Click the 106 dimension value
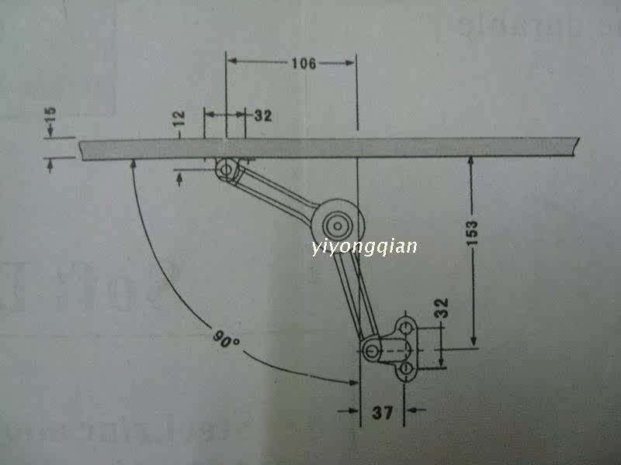point(304,64)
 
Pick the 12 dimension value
point(179,119)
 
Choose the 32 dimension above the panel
point(262,116)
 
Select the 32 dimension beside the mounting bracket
point(443,310)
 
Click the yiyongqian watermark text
point(363,246)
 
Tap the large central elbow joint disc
point(338,225)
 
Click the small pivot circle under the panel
point(227,167)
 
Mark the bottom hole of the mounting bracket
point(405,369)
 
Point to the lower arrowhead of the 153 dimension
point(473,345)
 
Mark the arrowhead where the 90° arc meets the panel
point(134,164)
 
